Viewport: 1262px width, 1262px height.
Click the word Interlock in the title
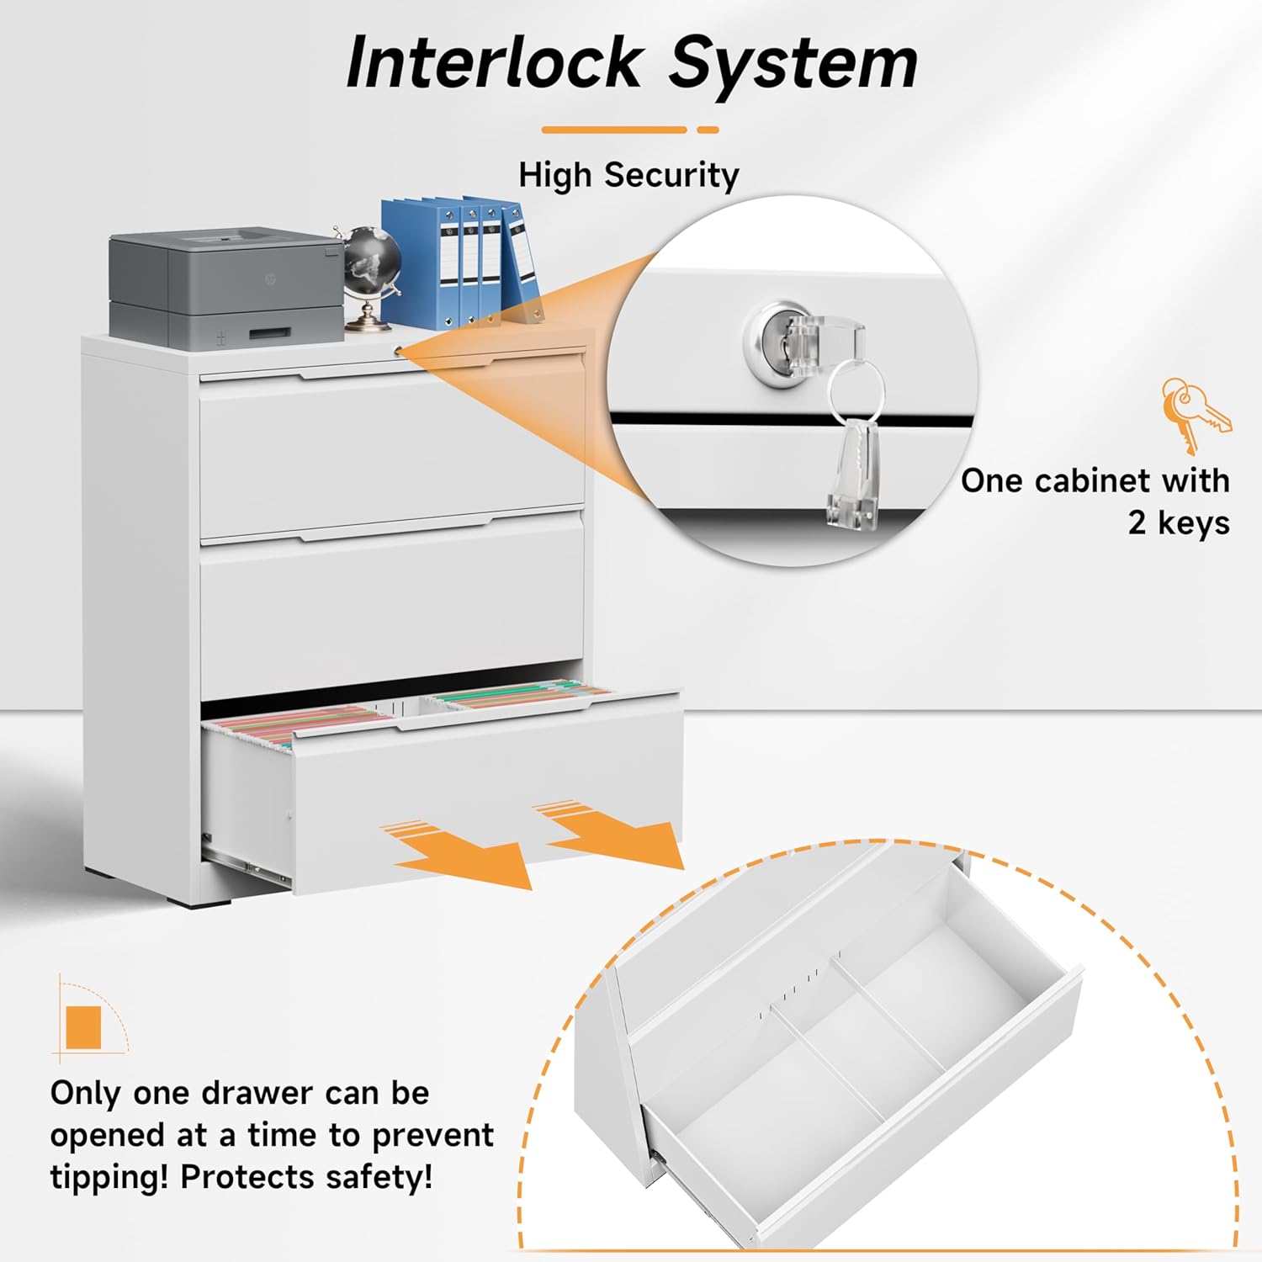pos(495,63)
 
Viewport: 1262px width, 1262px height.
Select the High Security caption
pos(628,175)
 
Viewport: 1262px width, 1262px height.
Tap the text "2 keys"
pos(1178,522)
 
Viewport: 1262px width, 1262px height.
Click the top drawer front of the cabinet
pos(392,454)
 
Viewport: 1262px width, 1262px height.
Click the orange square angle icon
pos(83,1027)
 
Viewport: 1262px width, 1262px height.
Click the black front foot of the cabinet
pos(199,899)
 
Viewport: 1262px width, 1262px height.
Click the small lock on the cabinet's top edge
pos(397,347)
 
